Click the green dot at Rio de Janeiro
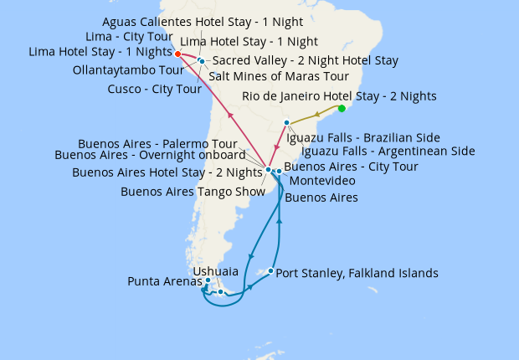pos(342,108)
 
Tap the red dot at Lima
pos(178,54)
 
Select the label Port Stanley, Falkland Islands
pos(357,273)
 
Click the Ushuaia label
pos(215,271)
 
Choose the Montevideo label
pos(321,181)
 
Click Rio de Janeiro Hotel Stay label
pos(339,96)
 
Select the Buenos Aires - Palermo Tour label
pos(157,143)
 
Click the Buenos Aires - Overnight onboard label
pos(150,154)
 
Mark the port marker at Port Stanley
pos(270,270)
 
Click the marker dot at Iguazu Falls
pos(286,123)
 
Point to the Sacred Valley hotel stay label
pos(306,60)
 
